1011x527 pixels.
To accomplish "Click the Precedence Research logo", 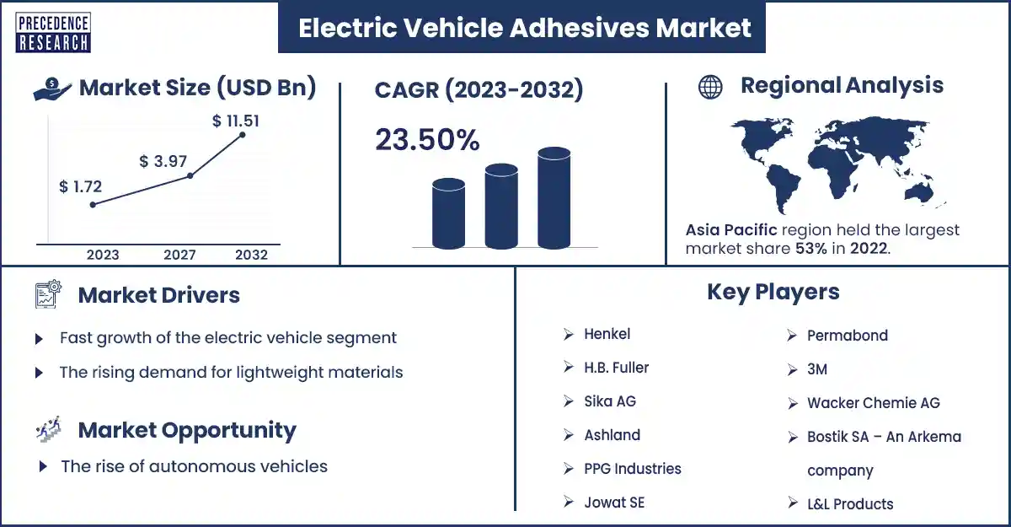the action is click(53, 33).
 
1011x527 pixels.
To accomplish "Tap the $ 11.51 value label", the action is click(236, 121).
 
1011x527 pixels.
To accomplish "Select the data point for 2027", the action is click(190, 175).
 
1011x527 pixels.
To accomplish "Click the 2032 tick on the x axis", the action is click(251, 255).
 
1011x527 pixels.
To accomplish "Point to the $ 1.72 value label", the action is click(80, 186).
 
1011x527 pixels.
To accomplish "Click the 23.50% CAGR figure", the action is click(427, 139).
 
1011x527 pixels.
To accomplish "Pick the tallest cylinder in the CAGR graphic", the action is click(554, 198).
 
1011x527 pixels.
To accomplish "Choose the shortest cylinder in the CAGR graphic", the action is click(448, 213).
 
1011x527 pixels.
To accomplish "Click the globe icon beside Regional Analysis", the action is click(710, 87).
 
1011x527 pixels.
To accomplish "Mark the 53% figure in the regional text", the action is click(811, 249).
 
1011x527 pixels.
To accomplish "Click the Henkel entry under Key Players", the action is click(607, 334).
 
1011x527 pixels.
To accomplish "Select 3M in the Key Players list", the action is click(817, 369).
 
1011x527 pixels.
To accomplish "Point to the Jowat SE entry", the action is click(614, 503).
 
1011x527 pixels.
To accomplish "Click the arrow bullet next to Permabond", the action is click(792, 336).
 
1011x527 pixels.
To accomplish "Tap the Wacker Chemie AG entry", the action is click(874, 403).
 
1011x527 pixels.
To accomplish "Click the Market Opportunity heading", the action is click(187, 430).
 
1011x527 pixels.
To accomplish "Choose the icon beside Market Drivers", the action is click(48, 294).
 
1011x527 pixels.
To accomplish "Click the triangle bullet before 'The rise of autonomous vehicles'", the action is click(43, 466).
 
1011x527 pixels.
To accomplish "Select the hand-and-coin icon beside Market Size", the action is click(52, 89).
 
